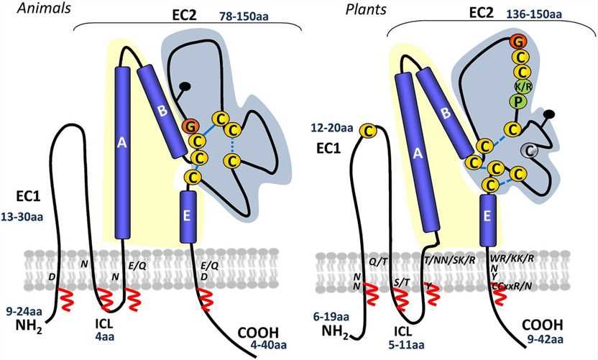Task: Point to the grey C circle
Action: (529, 150)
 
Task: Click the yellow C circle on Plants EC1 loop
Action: (369, 131)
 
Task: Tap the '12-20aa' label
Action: (333, 129)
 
